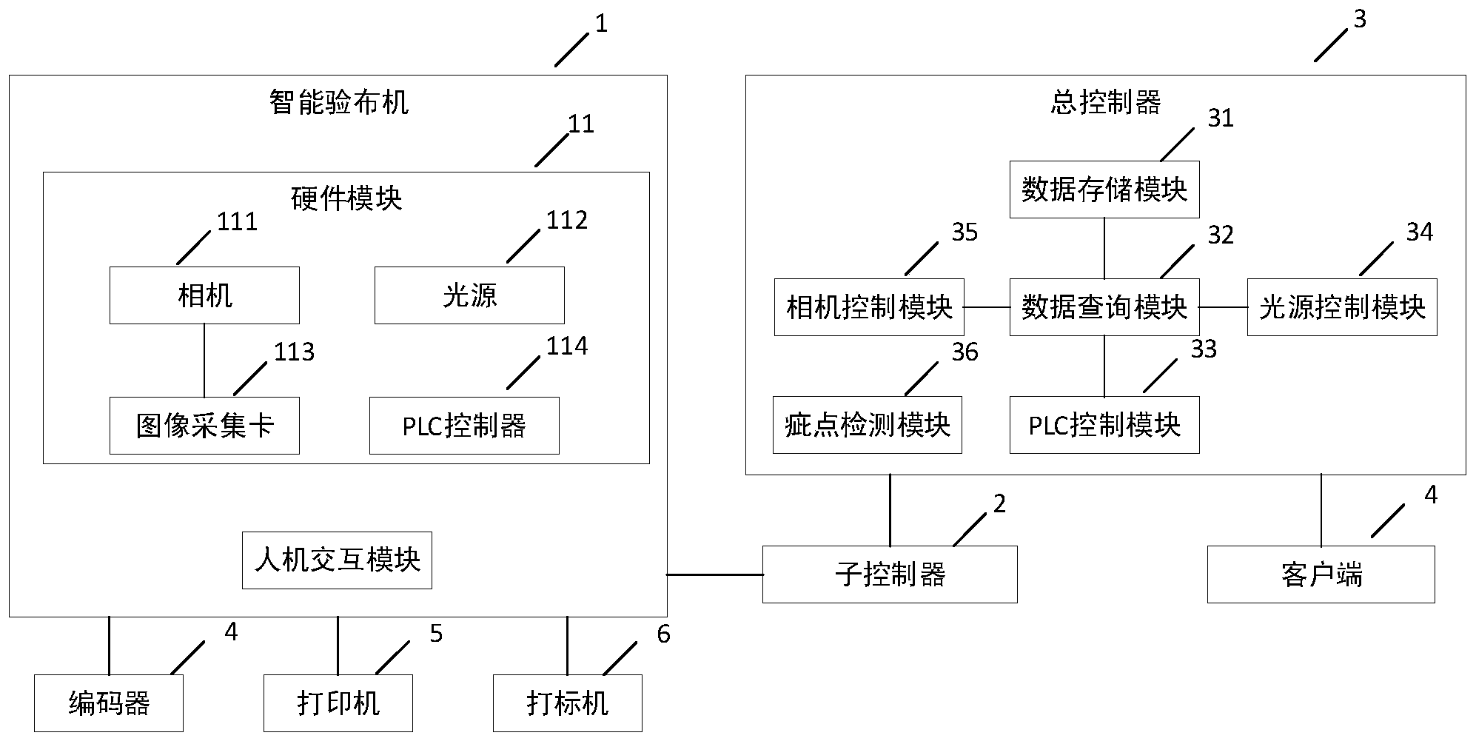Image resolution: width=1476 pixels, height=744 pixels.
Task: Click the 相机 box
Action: (x=204, y=295)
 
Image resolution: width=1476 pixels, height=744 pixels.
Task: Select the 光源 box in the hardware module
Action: (x=469, y=295)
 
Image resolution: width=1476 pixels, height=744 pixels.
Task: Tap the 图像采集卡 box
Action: (x=204, y=426)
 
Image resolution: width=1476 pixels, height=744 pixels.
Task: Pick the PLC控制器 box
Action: (x=464, y=426)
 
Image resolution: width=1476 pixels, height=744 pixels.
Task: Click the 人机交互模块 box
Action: (x=337, y=560)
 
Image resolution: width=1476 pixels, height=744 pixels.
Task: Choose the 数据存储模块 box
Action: (x=1104, y=190)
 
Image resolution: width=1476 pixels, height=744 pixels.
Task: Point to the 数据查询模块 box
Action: (x=1104, y=307)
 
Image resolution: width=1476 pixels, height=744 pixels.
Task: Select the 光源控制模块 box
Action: (x=1341, y=307)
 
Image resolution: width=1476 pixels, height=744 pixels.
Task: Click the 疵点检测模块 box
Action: (x=867, y=425)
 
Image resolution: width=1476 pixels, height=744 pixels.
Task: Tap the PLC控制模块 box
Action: (x=1104, y=425)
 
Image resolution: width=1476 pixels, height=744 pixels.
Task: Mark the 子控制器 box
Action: (x=889, y=574)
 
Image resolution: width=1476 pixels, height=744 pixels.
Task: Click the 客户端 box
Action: (x=1321, y=574)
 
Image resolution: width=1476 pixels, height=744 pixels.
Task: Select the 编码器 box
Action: (x=109, y=703)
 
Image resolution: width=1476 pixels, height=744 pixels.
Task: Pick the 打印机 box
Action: (x=338, y=703)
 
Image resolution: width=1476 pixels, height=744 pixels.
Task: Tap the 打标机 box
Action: (x=567, y=703)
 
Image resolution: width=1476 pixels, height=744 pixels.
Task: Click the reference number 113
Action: (x=294, y=352)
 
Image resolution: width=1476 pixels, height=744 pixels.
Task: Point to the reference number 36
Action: (x=965, y=352)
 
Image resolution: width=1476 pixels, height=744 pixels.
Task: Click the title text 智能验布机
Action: (x=338, y=102)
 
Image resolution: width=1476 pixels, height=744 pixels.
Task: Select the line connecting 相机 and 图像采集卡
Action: (x=204, y=361)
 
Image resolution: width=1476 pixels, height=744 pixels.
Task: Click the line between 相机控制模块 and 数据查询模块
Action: (x=987, y=307)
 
